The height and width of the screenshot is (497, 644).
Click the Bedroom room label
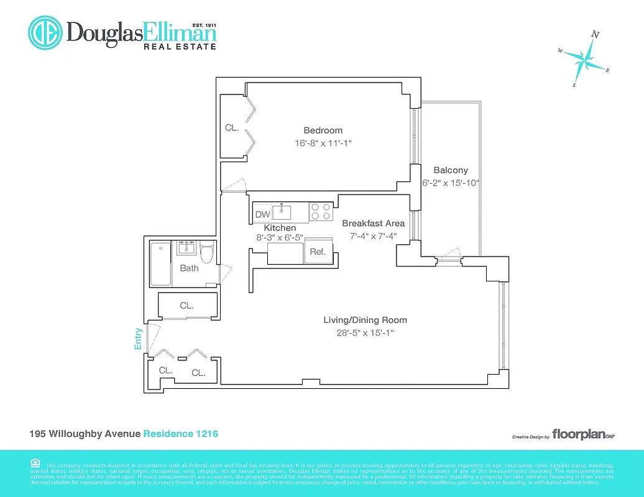(323, 130)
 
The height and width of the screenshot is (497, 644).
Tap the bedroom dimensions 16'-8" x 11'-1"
(328, 143)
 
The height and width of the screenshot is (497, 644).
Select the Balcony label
(451, 170)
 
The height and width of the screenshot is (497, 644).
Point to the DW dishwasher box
(262, 215)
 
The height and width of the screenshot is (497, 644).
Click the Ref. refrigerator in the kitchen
(318, 252)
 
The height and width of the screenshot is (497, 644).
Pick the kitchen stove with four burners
(321, 212)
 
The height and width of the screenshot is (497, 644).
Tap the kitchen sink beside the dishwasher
(285, 212)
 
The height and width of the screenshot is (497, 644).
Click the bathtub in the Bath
(160, 264)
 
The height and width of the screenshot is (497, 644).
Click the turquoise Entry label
(139, 339)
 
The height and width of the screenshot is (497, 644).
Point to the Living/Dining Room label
(365, 321)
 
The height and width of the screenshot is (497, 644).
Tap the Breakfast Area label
(373, 224)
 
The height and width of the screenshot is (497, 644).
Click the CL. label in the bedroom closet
(232, 128)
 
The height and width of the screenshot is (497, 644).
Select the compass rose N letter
(595, 35)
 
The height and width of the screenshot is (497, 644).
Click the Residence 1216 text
(181, 434)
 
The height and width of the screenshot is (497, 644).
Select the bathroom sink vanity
(186, 248)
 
